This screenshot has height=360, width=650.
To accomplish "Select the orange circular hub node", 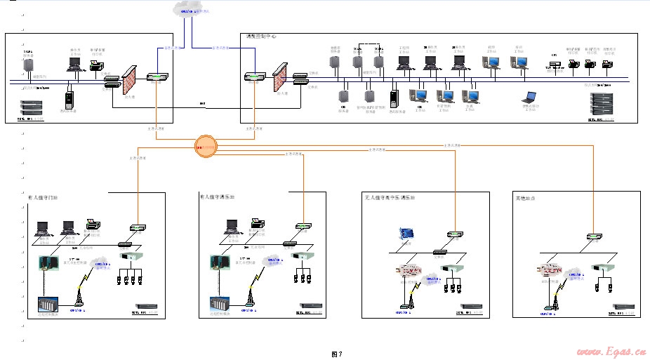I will coord(206,147).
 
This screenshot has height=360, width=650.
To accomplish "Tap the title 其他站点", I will coord(526,200).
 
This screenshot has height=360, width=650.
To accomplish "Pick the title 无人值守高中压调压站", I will coord(389,198).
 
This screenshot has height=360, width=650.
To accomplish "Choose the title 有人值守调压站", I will coord(217,197).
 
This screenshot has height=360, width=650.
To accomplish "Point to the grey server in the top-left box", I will coord(29,65).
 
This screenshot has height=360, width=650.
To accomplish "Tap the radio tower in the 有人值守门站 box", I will coord(79,300).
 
